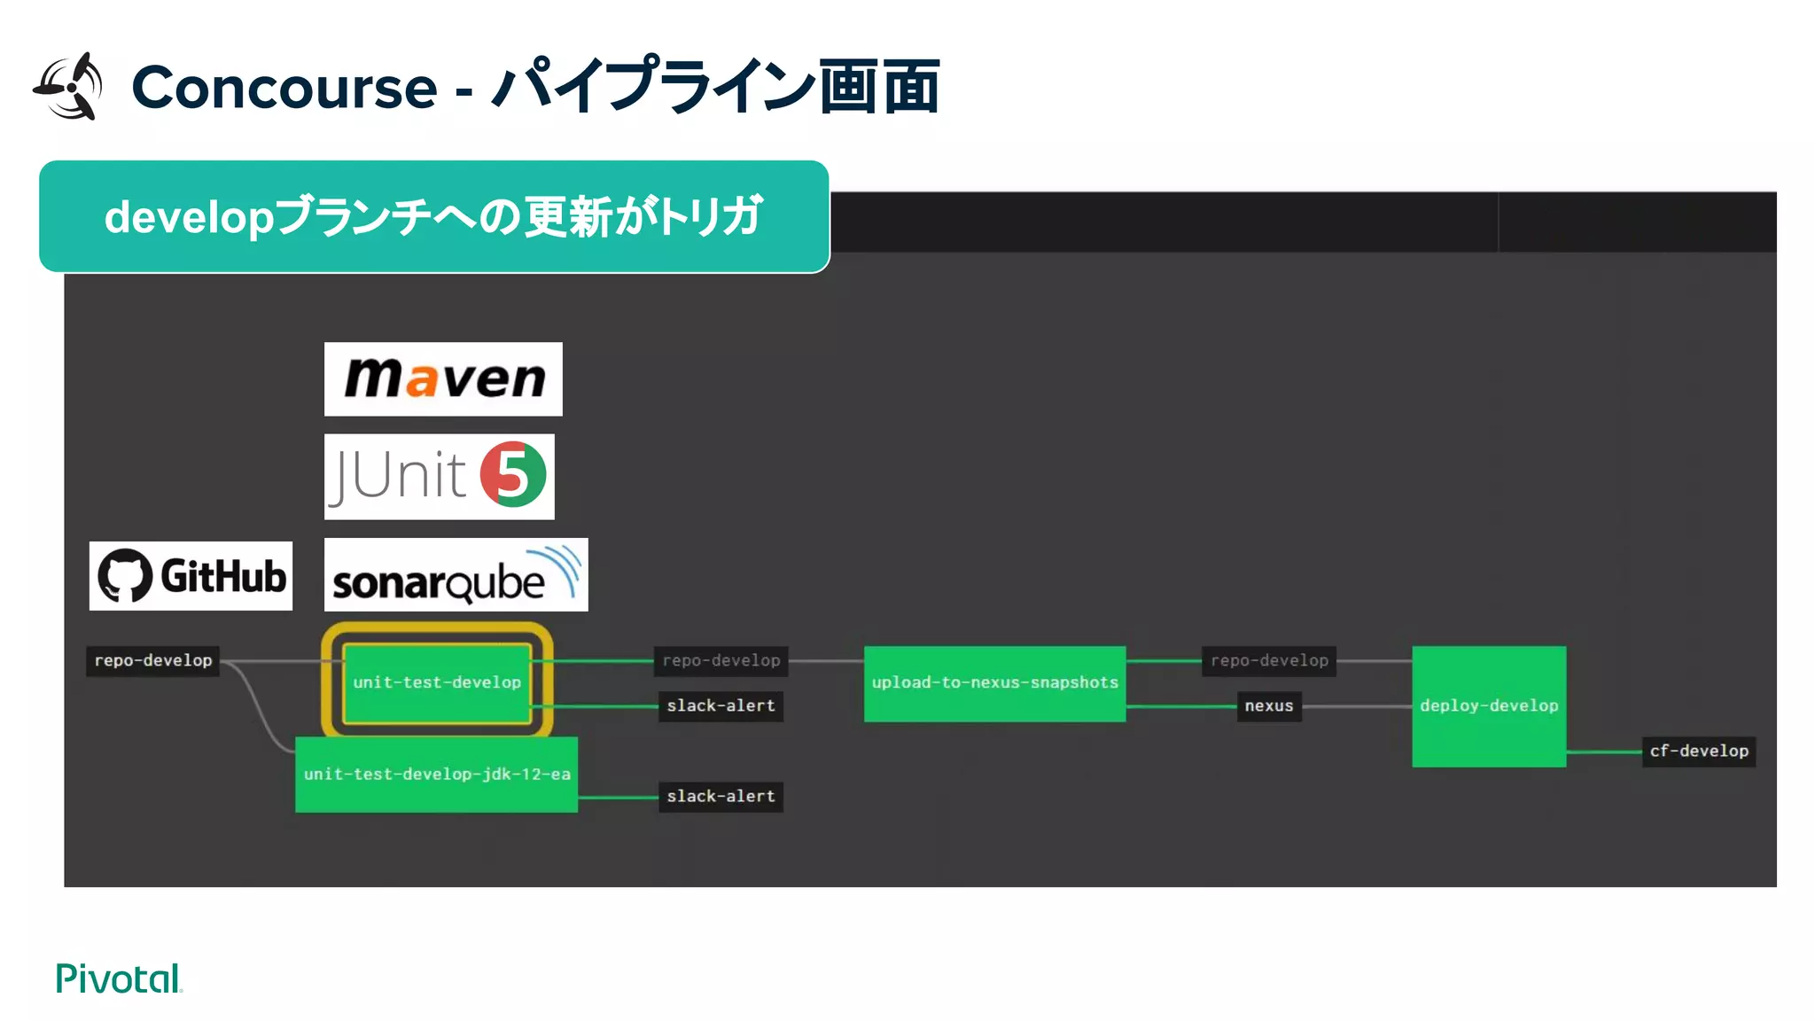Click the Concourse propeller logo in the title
click(69, 87)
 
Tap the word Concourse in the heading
click(284, 88)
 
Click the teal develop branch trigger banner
click(433, 217)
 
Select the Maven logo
click(443, 379)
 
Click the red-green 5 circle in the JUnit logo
click(513, 475)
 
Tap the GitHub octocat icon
click(125, 576)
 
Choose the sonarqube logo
click(456, 575)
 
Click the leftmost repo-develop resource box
click(153, 660)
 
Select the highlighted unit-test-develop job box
click(437, 682)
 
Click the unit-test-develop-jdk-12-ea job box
click(436, 774)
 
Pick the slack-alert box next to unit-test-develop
click(721, 705)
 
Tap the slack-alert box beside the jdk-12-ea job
click(721, 796)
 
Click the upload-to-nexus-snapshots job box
click(994, 683)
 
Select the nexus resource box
click(1268, 706)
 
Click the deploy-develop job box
click(1488, 706)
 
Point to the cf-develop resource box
click(1698, 752)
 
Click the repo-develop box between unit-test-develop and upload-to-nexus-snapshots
click(721, 660)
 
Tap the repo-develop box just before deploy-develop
click(1269, 660)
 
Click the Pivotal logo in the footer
click(119, 978)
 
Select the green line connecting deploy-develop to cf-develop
click(1603, 752)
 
